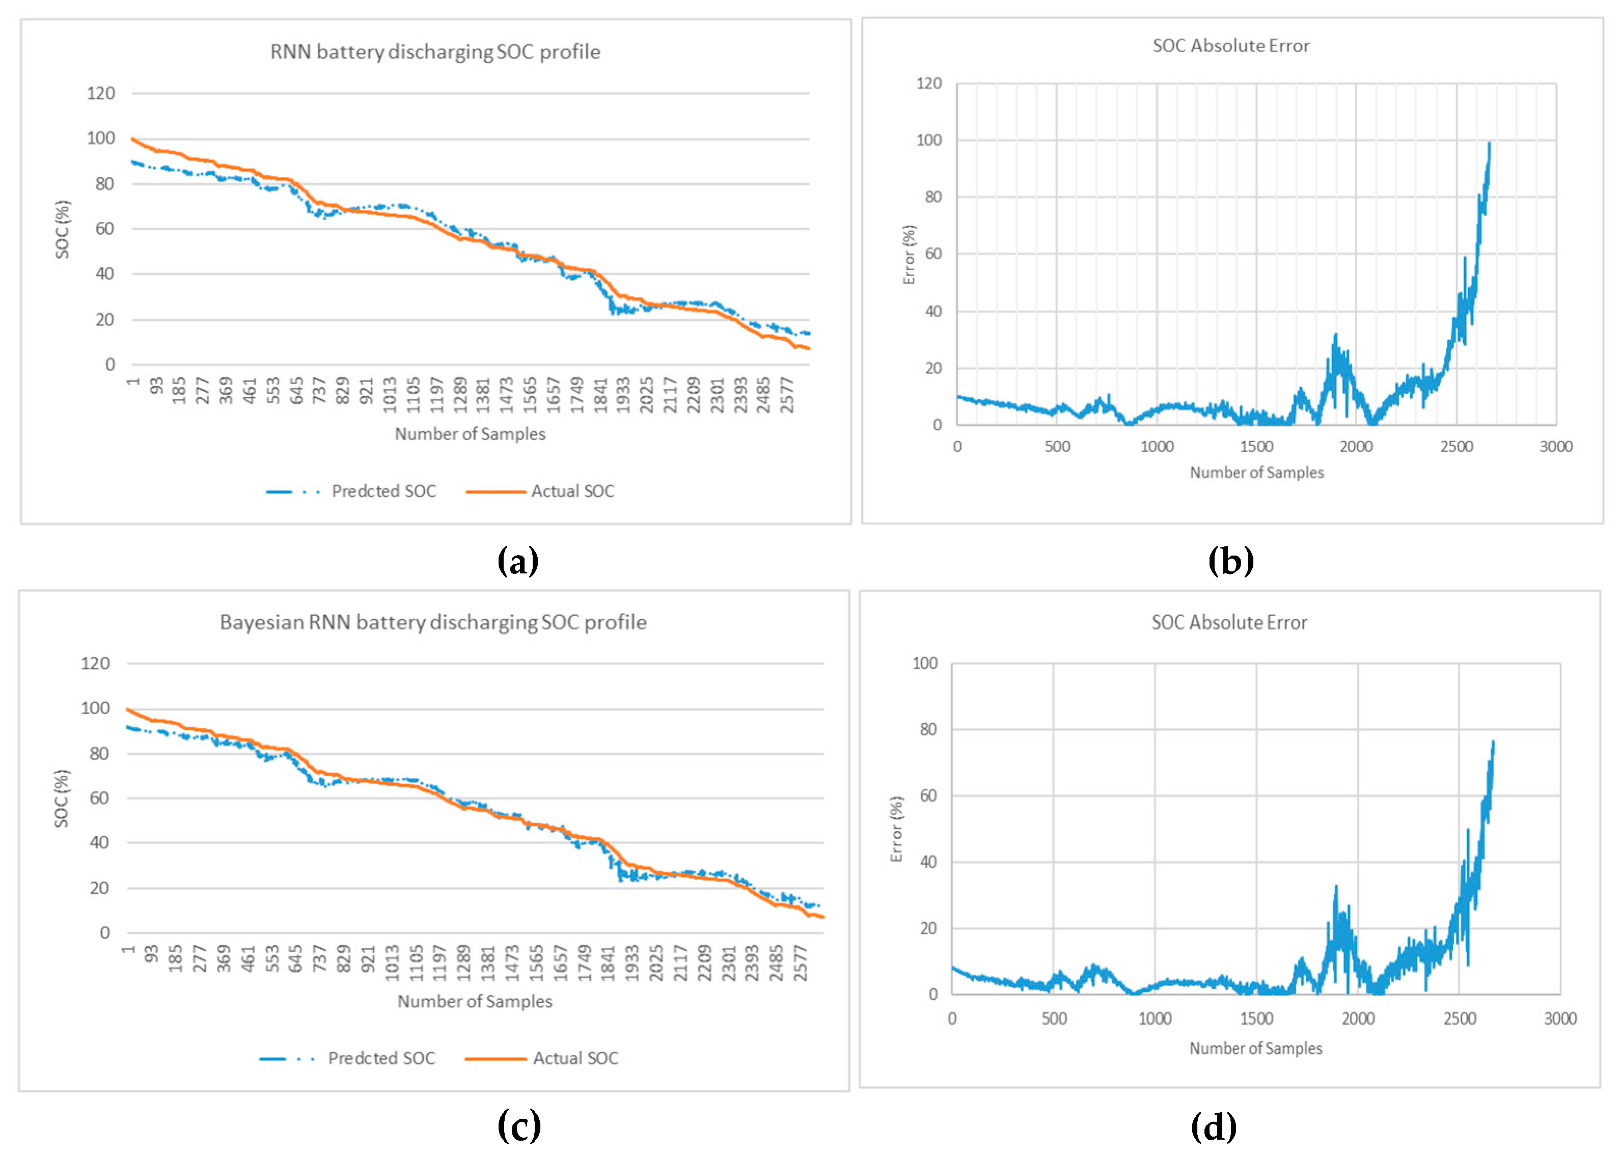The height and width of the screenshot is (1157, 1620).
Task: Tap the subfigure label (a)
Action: click(x=518, y=561)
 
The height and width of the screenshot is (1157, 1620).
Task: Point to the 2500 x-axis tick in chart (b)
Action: click(x=1456, y=447)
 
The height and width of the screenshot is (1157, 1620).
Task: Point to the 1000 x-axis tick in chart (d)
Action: click(x=1155, y=1019)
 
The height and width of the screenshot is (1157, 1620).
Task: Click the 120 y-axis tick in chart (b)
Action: click(x=929, y=84)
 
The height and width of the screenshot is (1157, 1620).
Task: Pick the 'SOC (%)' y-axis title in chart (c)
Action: click(x=62, y=798)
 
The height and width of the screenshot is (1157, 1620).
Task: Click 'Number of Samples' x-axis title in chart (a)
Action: click(x=470, y=434)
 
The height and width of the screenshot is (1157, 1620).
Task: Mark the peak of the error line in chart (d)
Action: click(x=1493, y=741)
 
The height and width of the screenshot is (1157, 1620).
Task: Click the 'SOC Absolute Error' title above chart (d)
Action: click(x=1229, y=623)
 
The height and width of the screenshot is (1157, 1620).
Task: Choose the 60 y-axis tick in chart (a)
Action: click(x=105, y=229)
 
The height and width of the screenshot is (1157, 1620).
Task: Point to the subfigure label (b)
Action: click(x=1230, y=561)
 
